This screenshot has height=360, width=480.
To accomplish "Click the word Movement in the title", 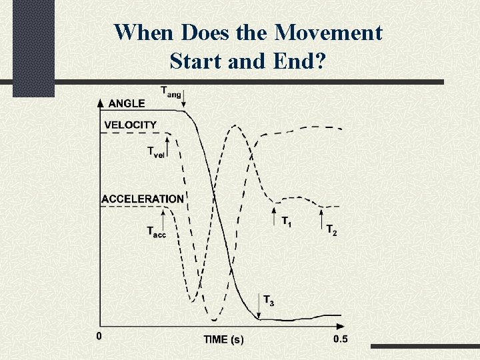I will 330,32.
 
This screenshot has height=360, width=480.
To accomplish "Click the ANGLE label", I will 126,103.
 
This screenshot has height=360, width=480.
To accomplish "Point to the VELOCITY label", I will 131,125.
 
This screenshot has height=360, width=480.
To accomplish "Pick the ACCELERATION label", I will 143,199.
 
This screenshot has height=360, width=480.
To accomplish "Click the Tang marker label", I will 170,91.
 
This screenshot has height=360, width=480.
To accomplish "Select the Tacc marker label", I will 156,231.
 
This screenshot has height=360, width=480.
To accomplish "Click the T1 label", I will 285,221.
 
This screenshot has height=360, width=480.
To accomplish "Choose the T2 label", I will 331,230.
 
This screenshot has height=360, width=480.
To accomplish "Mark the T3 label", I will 268,301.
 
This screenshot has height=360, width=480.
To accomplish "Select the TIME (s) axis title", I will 223,339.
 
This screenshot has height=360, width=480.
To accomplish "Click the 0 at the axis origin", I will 99,337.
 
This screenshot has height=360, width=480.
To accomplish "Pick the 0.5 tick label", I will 340,339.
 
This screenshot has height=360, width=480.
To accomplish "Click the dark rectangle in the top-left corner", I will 33,49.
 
